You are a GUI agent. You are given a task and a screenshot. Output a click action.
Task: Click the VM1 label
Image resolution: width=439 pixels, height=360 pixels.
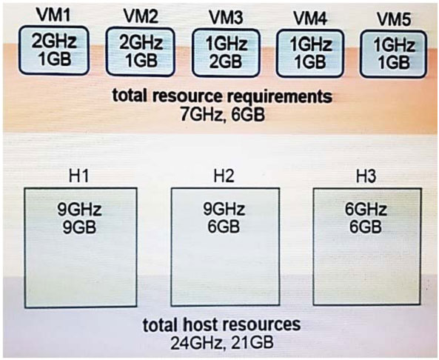(x=54, y=16)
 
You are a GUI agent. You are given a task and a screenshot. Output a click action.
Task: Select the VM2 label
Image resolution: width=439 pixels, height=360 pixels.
(x=141, y=16)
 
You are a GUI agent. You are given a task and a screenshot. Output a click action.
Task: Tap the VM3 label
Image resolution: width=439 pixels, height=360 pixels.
(x=227, y=18)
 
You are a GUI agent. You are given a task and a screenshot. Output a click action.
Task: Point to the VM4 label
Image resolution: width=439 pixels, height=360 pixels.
(x=310, y=19)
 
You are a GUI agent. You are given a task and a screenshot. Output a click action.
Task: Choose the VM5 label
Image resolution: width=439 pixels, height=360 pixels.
(x=394, y=19)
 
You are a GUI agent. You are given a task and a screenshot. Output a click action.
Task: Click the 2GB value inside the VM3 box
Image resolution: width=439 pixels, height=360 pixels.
(x=226, y=61)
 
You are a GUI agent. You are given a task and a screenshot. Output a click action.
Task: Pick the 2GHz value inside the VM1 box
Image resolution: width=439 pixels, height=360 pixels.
(x=54, y=41)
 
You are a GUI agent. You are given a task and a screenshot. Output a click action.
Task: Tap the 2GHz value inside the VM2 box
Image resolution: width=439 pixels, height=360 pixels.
(x=141, y=42)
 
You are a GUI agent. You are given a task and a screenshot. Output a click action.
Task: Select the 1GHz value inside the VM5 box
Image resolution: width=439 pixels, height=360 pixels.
(x=394, y=45)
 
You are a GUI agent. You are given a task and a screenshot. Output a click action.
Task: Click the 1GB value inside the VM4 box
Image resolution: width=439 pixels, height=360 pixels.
(x=310, y=61)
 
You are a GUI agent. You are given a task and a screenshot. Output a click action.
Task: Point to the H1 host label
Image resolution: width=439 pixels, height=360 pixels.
(x=79, y=176)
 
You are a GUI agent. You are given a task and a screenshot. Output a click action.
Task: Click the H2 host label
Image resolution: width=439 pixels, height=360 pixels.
(x=224, y=176)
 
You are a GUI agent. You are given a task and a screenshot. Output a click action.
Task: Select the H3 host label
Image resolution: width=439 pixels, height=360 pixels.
(x=366, y=176)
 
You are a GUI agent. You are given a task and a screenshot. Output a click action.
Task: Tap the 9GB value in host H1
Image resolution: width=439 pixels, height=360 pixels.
(x=79, y=227)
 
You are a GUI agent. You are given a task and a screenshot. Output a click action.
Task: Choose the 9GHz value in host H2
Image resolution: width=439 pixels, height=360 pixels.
(x=224, y=210)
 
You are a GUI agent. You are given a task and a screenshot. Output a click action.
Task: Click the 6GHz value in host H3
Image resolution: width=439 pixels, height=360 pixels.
(x=366, y=210)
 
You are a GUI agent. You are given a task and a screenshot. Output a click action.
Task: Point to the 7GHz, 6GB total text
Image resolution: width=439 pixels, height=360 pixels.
(x=223, y=115)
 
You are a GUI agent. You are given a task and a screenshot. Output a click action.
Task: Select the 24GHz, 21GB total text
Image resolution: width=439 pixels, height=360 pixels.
(x=222, y=342)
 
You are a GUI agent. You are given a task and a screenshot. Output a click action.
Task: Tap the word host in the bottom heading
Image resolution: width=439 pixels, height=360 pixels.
(x=198, y=324)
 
